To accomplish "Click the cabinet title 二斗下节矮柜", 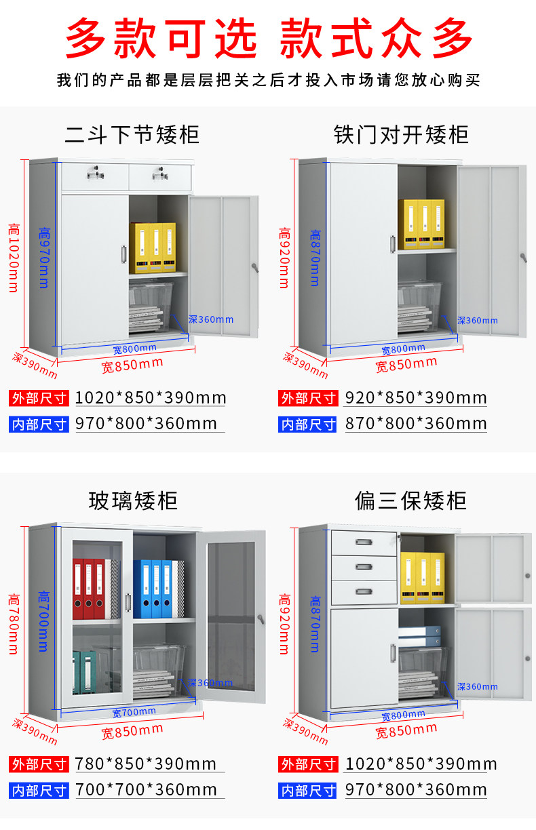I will tap(132, 134).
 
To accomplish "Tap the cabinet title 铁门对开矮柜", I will tap(401, 134).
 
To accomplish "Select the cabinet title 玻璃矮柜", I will tap(133, 501).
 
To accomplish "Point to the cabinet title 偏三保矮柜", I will tap(410, 501).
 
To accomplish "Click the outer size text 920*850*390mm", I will tap(416, 397).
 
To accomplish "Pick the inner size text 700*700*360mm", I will tap(146, 790).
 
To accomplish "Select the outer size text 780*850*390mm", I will tap(146, 764).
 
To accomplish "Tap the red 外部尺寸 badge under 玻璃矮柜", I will tap(39, 764).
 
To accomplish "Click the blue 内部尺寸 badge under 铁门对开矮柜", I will tap(308, 424).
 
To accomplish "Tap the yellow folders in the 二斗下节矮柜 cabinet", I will tap(152, 248).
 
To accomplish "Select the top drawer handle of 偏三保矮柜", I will tap(365, 542).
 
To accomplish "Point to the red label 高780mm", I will tap(13, 624).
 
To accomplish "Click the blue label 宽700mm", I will tap(134, 713).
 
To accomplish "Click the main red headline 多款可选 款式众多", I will tap(269, 37).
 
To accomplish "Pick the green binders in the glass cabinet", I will tap(84, 672).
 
